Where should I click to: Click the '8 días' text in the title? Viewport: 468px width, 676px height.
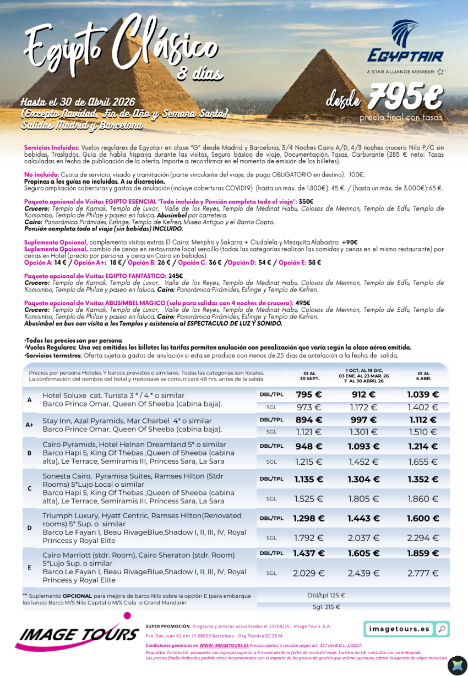[200, 73]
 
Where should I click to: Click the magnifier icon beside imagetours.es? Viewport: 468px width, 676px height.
[441, 629]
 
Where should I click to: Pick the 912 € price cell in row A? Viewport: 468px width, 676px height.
[363, 394]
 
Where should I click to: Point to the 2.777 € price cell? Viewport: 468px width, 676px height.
[423, 573]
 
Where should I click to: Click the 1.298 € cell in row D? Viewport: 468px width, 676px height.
[309, 518]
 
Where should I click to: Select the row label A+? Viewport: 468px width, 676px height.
[30, 425]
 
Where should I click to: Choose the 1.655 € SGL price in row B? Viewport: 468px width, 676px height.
[423, 462]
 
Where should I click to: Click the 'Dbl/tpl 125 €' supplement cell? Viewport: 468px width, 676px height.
[326, 595]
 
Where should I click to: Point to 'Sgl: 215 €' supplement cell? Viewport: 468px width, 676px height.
[326, 607]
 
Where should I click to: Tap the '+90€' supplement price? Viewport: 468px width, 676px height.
[349, 242]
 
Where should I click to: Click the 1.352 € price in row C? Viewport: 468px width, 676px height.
[423, 479]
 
